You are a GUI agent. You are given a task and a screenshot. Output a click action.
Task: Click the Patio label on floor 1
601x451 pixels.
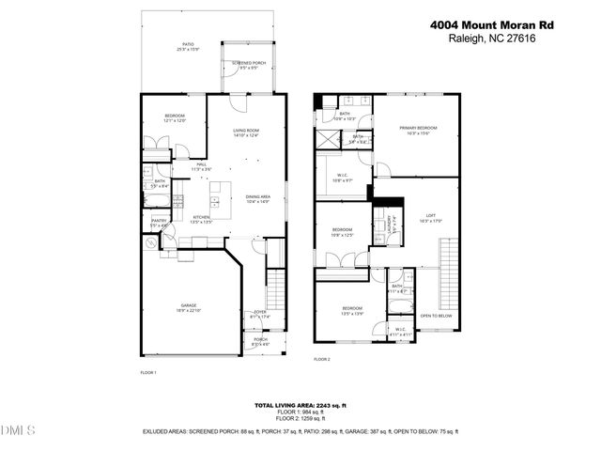pyautogui.click(x=188, y=44)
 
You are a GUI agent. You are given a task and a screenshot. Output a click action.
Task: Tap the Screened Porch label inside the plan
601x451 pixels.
pyautogui.click(x=249, y=64)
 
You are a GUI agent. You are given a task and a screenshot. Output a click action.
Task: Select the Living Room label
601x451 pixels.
pyautogui.click(x=246, y=131)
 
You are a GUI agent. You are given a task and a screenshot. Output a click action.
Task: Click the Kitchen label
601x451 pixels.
pyautogui.click(x=202, y=217)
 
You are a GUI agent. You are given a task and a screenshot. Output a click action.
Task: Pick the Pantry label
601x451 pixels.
pyautogui.click(x=159, y=222)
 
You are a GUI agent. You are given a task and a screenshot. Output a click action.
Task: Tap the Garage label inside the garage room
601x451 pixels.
pyautogui.click(x=189, y=305)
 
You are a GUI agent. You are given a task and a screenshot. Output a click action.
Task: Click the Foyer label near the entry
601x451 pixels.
pyautogui.click(x=260, y=313)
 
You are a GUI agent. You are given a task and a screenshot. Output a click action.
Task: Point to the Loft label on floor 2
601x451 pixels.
pyautogui.click(x=431, y=217)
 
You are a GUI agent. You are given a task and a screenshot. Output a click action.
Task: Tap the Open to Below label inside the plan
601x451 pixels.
pyautogui.click(x=435, y=316)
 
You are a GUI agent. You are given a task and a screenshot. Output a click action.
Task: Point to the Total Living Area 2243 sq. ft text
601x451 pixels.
pyautogui.click(x=300, y=405)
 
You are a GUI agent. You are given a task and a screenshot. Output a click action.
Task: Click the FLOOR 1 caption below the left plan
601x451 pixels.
pyautogui.click(x=147, y=373)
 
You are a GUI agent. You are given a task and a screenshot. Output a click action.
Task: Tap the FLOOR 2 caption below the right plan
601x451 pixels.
pyautogui.click(x=322, y=359)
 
